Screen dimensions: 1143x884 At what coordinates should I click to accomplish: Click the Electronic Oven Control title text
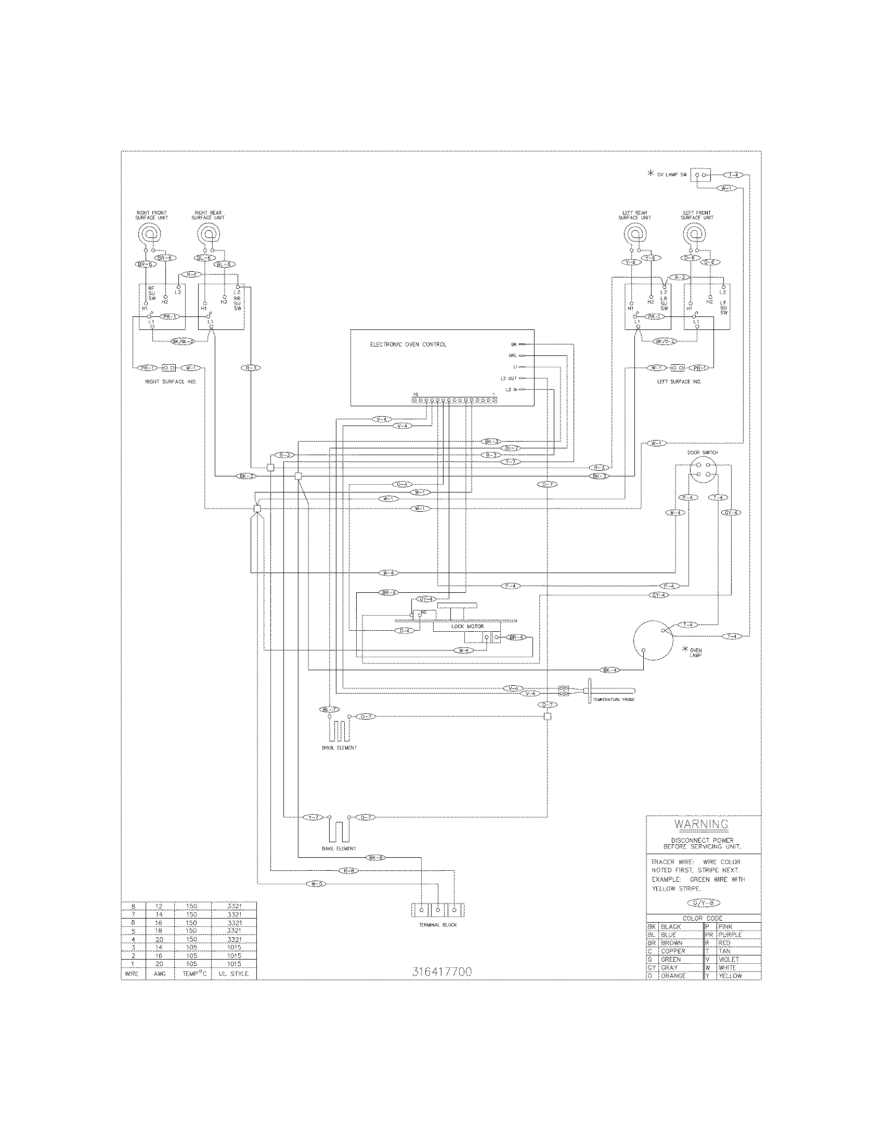[408, 344]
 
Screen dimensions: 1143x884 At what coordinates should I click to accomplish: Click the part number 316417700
[441, 972]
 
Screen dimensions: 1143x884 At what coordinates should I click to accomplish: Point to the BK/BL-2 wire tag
[183, 341]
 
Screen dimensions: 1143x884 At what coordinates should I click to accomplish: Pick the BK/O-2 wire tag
[666, 341]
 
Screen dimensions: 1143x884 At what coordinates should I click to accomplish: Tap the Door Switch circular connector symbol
[703, 470]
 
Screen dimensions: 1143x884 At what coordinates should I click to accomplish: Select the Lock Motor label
[467, 626]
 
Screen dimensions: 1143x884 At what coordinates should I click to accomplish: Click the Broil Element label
[339, 748]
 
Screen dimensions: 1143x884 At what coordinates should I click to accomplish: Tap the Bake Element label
[339, 848]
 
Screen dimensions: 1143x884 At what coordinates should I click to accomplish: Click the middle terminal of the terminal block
[438, 910]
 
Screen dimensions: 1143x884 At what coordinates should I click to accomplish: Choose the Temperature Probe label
[613, 699]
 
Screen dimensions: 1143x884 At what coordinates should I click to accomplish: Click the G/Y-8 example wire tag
[703, 903]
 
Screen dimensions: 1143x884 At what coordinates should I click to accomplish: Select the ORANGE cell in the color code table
[673, 976]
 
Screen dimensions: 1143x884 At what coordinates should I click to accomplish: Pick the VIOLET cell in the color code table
[729, 959]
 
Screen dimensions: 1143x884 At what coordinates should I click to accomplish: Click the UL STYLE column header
[234, 974]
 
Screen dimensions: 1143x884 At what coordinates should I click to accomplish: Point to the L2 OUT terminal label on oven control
[508, 378]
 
